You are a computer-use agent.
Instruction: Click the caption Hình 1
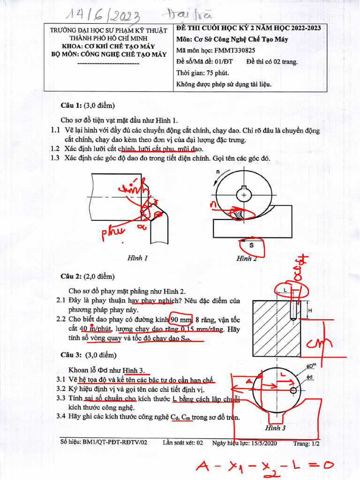pyautogui.click(x=137, y=258)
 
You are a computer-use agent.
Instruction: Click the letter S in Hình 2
pyautogui.click(x=252, y=245)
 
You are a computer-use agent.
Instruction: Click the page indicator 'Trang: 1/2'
pyautogui.click(x=307, y=442)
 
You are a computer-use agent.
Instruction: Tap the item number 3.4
pyautogui.click(x=58, y=416)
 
